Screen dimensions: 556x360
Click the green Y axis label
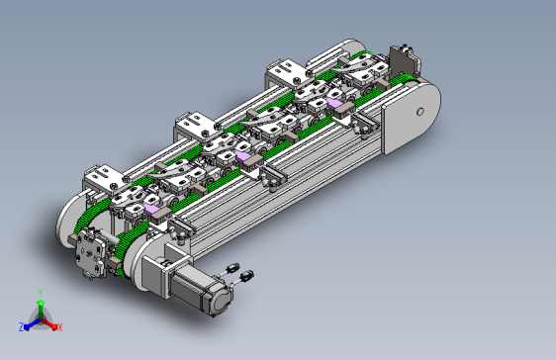pos(41,293)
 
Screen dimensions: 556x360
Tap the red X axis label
pos(60,327)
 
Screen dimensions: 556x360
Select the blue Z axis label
pos(22,327)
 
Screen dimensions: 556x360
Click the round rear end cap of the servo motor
pos(223,303)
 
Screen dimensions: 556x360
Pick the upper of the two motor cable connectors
pos(233,267)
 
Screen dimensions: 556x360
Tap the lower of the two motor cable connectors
pos(246,275)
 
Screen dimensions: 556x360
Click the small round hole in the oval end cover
pos(420,112)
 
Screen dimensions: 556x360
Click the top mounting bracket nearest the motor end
pos(104,178)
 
